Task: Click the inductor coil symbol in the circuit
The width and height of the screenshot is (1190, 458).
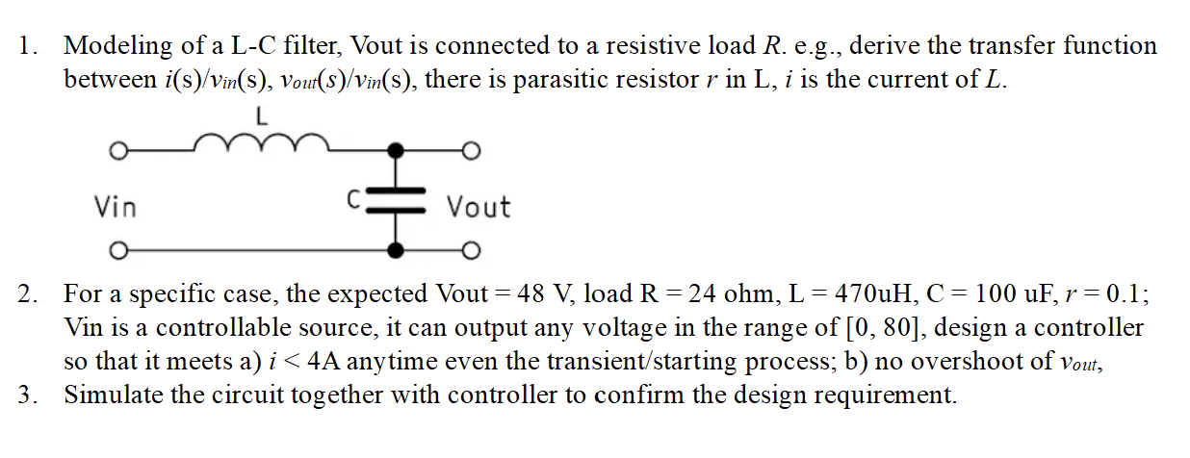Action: [262, 145]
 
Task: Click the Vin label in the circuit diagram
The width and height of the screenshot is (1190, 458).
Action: [115, 207]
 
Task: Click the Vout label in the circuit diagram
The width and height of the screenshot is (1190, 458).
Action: [479, 207]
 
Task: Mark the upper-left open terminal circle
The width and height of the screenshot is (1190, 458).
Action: [117, 151]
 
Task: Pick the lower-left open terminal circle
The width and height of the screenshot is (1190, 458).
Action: [117, 251]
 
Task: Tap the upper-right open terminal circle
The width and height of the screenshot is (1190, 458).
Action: [471, 151]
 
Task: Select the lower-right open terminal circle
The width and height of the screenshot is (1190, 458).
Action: [471, 251]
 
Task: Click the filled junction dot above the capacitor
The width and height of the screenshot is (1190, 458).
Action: [395, 151]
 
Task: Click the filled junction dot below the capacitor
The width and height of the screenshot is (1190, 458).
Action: [395, 251]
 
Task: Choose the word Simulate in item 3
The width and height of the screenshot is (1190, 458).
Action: [110, 395]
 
